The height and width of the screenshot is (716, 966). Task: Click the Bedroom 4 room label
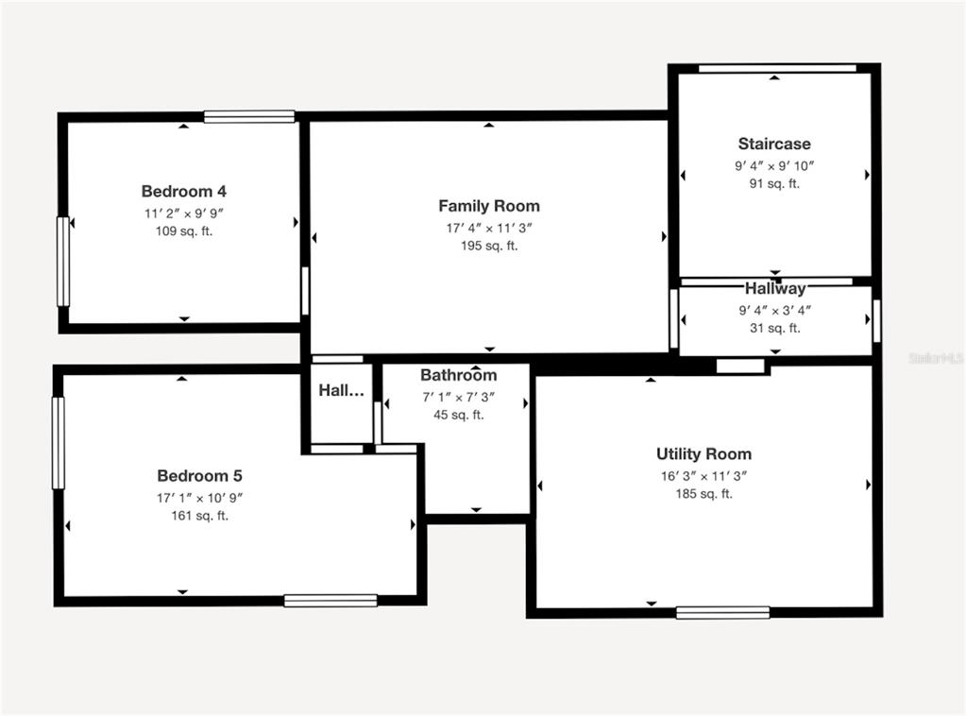click(x=183, y=191)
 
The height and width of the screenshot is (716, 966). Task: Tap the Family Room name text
click(x=489, y=206)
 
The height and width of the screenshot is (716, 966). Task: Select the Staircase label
click(x=774, y=144)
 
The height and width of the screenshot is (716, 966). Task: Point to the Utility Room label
click(x=703, y=454)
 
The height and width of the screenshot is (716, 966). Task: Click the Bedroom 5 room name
click(x=199, y=476)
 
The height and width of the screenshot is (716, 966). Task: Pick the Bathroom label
click(x=458, y=375)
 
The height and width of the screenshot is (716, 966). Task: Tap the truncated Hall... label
click(x=341, y=390)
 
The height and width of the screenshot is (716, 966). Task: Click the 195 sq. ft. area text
click(x=489, y=246)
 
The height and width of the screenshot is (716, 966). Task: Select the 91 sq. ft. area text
click(x=774, y=183)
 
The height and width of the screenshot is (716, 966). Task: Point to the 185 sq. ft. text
click(x=703, y=494)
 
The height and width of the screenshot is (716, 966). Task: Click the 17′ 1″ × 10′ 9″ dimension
click(x=199, y=498)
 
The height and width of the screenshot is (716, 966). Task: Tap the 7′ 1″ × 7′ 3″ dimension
click(x=458, y=398)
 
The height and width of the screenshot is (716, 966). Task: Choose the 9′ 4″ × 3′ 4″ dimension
click(x=775, y=311)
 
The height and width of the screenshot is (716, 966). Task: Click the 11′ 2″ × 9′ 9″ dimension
click(x=183, y=213)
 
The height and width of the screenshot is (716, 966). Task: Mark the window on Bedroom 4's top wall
click(x=249, y=116)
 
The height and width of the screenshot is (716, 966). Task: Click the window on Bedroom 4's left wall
click(x=63, y=262)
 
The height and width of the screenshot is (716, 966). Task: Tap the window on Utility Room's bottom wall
click(x=722, y=612)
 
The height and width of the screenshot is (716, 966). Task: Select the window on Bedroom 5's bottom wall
click(x=330, y=600)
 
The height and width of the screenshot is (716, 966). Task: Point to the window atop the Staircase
click(x=777, y=68)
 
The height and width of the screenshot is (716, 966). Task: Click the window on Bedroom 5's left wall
click(x=59, y=443)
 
